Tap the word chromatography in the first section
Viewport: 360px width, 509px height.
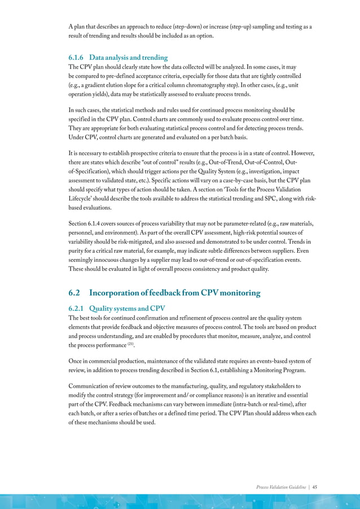218,85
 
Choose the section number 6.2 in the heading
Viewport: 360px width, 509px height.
77,293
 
